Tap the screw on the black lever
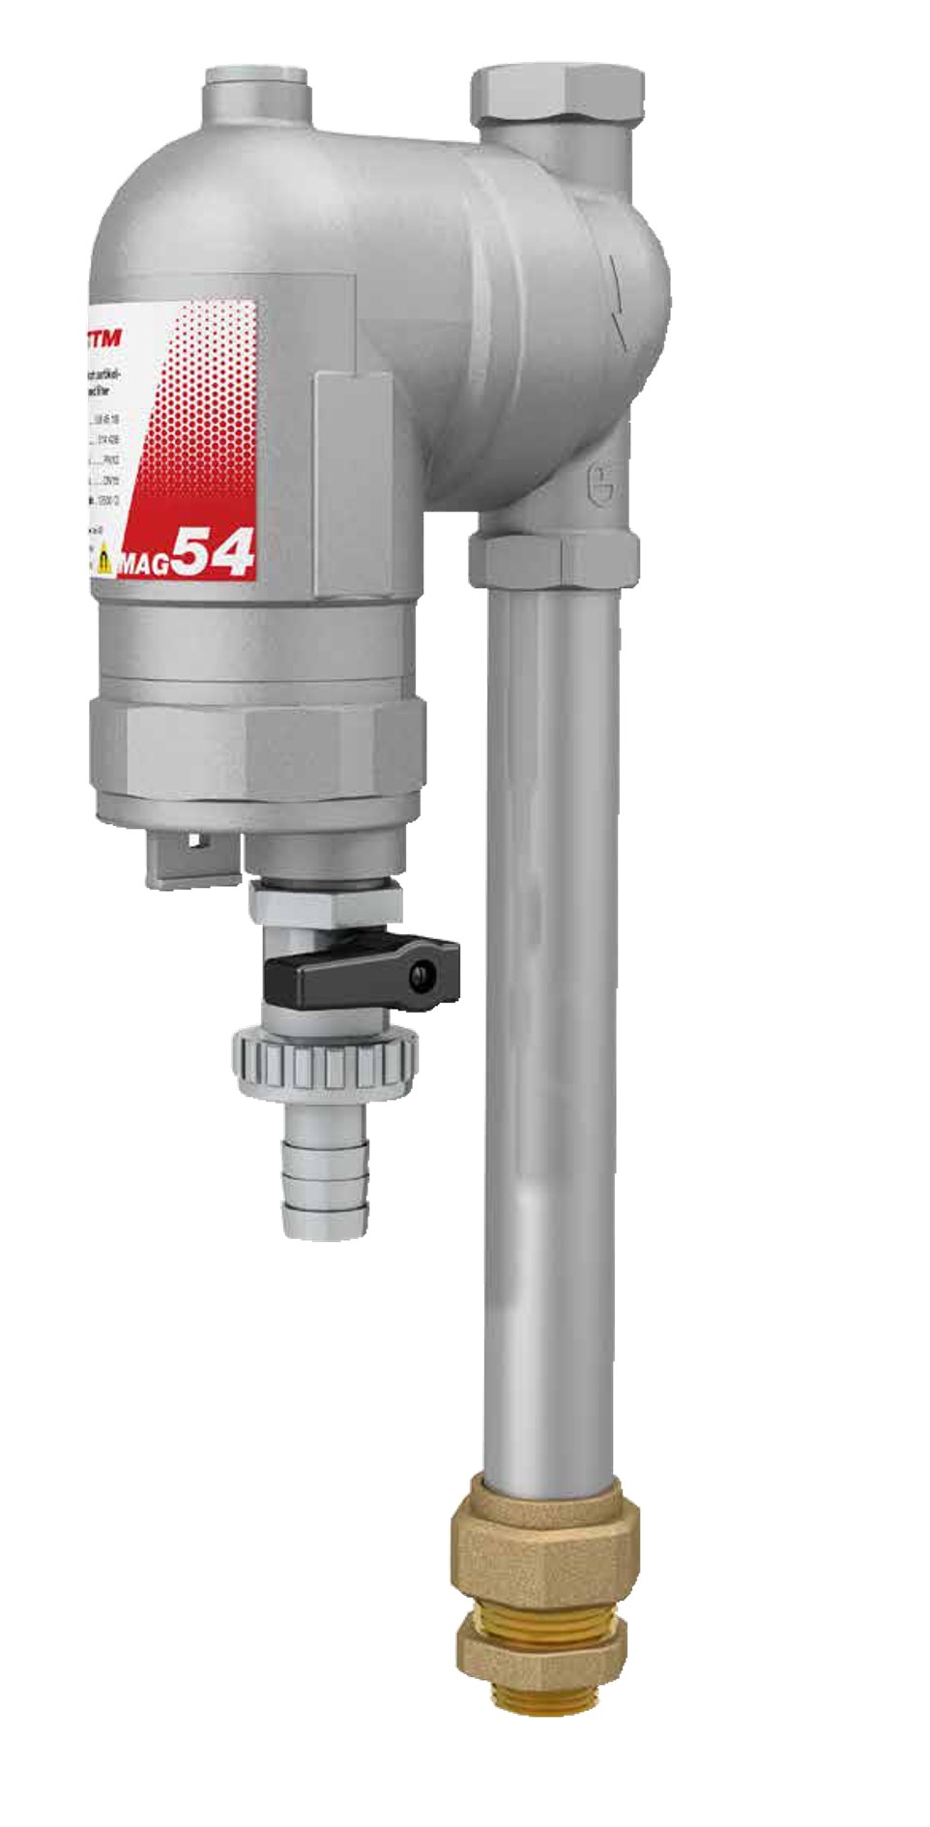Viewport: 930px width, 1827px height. [x=419, y=976]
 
